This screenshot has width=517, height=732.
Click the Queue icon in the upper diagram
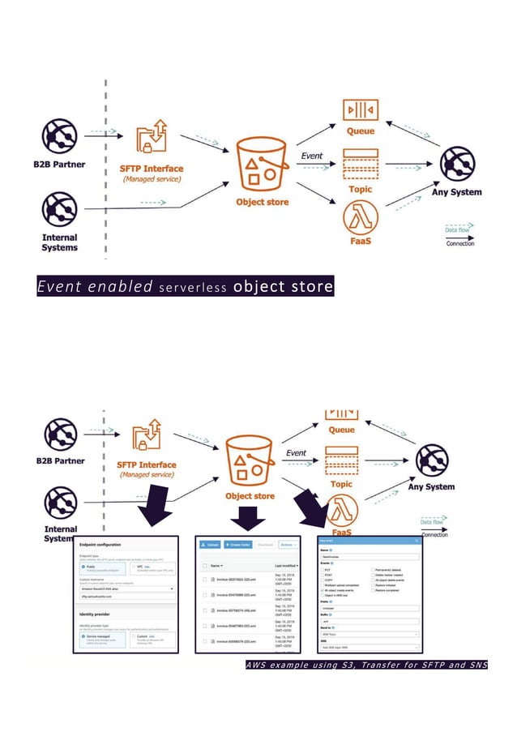click(x=360, y=109)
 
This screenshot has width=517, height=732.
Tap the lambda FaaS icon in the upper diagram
click(x=360, y=217)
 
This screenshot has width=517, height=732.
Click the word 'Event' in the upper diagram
click(x=311, y=156)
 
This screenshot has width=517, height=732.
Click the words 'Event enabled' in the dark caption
click(x=95, y=287)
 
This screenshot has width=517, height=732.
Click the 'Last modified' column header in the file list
click(x=286, y=565)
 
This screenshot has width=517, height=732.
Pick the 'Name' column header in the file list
click(x=216, y=565)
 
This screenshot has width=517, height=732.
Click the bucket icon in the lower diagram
click(x=249, y=462)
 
